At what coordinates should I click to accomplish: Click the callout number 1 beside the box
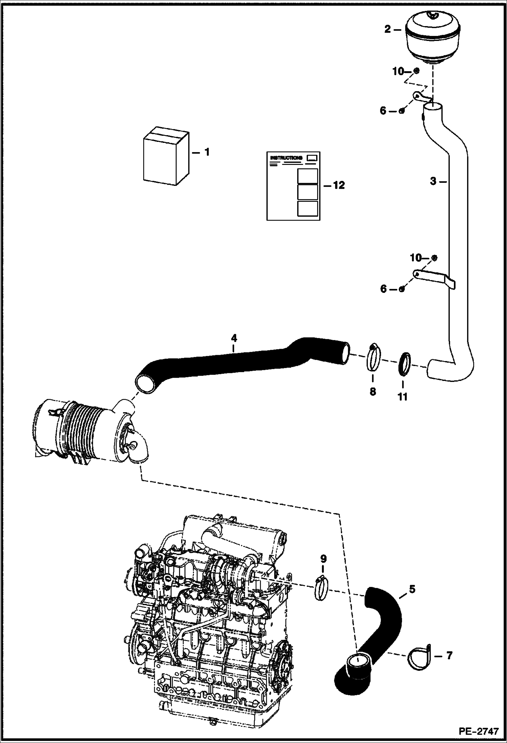(207, 152)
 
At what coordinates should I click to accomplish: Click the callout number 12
(339, 185)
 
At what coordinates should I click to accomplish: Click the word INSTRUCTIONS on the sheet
(286, 158)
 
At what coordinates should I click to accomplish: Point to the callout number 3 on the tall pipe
(433, 182)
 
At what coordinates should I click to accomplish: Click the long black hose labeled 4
(237, 361)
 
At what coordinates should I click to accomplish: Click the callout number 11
(402, 396)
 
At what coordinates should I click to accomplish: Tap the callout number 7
(449, 656)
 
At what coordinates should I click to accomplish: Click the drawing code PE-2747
(479, 730)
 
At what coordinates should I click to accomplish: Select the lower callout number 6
(383, 289)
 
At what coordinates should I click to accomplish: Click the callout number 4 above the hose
(234, 338)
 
